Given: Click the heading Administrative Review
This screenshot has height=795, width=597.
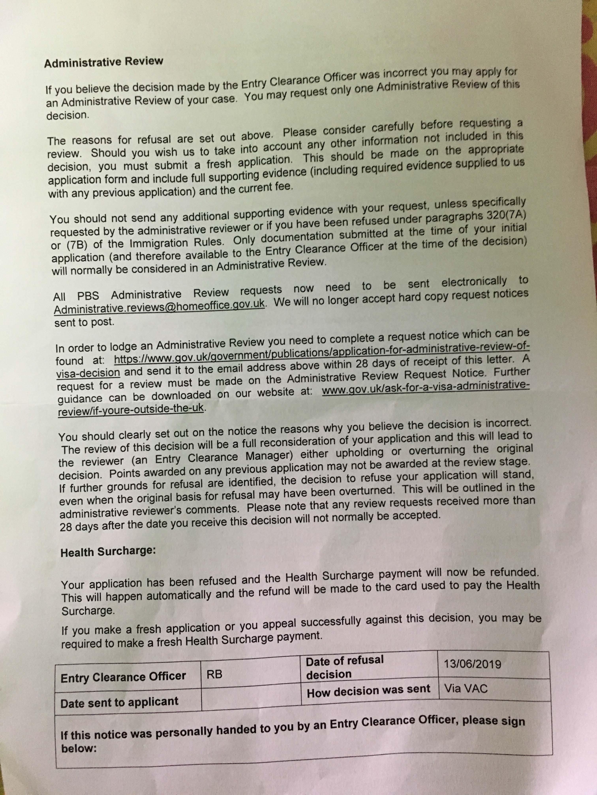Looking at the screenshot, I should pyautogui.click(x=104, y=62).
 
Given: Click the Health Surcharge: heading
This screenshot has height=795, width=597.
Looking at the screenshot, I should pyautogui.click(x=108, y=552).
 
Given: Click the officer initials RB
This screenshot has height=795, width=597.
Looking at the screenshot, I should pyautogui.click(x=214, y=675).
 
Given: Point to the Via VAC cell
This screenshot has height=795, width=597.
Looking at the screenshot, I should pyautogui.click(x=466, y=688).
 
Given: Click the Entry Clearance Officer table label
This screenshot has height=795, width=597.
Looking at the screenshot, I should pyautogui.click(x=123, y=677).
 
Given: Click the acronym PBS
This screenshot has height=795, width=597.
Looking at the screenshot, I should pyautogui.click(x=88, y=296).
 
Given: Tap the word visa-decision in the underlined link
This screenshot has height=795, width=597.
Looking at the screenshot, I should pyautogui.click(x=88, y=373).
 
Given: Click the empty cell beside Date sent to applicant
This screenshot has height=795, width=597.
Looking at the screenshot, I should pyautogui.click(x=251, y=699).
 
